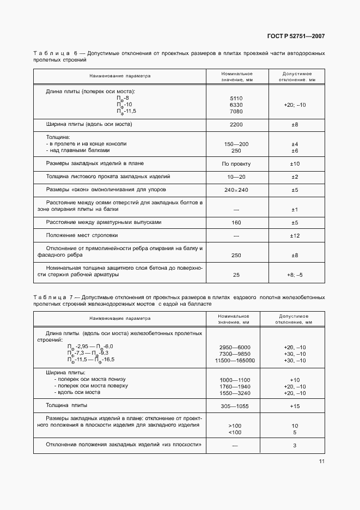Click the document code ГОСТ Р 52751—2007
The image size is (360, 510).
pyautogui.click(x=296, y=37)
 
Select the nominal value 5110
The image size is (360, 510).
pyautogui.click(x=236, y=98)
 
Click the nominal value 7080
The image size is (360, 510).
pyautogui.click(x=236, y=111)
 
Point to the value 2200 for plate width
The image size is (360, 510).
pyautogui.click(x=236, y=125)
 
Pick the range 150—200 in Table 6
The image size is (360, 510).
pyautogui.click(x=236, y=144)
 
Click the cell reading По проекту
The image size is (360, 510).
pyautogui.click(x=236, y=163)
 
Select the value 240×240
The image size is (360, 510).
pyautogui.click(x=236, y=190)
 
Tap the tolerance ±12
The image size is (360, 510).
pyautogui.click(x=295, y=235)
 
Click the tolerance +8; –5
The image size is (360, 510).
pyautogui.click(x=295, y=275)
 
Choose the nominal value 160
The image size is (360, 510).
pyautogui.click(x=236, y=222)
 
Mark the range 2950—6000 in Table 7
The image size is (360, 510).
pyautogui.click(x=235, y=347)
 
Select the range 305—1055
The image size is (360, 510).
pyautogui.click(x=235, y=406)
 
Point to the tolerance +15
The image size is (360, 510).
pyautogui.click(x=295, y=406)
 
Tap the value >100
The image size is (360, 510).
pyautogui.click(x=235, y=426)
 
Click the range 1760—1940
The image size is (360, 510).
pyautogui.click(x=235, y=386)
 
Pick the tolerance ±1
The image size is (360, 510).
pyautogui.click(x=295, y=209)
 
